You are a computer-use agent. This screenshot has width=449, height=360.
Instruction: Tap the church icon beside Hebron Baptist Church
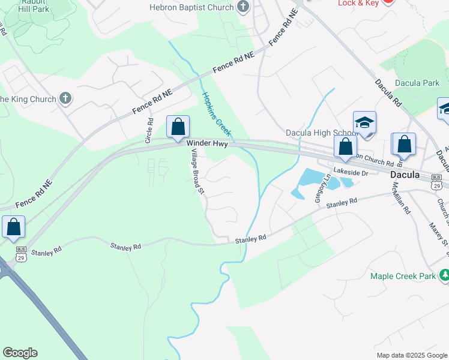click(x=243, y=7)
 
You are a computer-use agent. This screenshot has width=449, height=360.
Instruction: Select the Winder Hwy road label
click(x=206, y=144)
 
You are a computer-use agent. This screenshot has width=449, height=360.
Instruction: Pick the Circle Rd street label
click(x=149, y=129)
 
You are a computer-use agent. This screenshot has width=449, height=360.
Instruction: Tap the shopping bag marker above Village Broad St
click(x=178, y=127)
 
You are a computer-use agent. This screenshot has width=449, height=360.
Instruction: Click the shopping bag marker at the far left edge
click(x=13, y=227)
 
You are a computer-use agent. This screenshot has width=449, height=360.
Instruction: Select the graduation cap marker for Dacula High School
click(x=364, y=123)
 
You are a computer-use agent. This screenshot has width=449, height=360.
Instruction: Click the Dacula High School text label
click(x=321, y=133)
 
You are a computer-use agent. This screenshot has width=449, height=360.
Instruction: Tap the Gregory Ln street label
click(x=319, y=188)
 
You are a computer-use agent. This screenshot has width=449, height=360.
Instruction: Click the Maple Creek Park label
click(x=405, y=276)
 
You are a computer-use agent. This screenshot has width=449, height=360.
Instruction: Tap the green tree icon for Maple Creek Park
click(x=445, y=275)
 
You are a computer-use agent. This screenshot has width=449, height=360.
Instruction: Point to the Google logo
click(x=20, y=353)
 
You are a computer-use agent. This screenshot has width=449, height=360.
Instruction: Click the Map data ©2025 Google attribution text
click(x=412, y=355)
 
